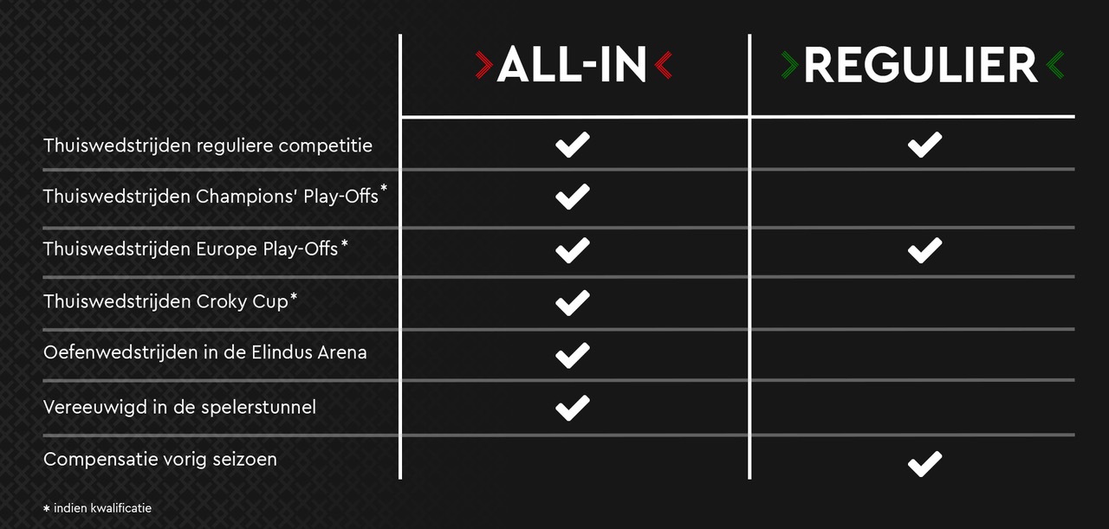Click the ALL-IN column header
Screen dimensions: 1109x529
[x=572, y=65]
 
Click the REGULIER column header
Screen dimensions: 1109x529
[x=920, y=65]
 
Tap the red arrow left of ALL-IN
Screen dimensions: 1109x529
[x=483, y=65]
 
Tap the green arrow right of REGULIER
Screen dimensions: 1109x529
[x=1055, y=65]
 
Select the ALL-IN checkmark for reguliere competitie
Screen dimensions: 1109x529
[x=573, y=145]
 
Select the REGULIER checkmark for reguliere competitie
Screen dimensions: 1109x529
[x=924, y=145]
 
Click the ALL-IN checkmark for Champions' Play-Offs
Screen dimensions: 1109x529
[x=573, y=197]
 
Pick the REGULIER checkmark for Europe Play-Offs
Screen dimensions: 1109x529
[x=924, y=250]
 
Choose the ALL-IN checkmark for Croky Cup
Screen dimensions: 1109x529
[x=573, y=303]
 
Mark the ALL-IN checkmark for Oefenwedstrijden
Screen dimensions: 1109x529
[x=573, y=355]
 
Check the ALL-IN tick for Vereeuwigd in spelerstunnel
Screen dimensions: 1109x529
[x=573, y=408]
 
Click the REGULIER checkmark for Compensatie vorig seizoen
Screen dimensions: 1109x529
[x=924, y=464]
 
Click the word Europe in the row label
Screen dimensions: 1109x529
[x=227, y=249]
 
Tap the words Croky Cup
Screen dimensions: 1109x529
[x=242, y=301]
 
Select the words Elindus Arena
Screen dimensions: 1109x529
[x=309, y=353]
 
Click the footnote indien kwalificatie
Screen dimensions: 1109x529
[x=102, y=508]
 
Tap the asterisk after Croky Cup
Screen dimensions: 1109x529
[x=294, y=296]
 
